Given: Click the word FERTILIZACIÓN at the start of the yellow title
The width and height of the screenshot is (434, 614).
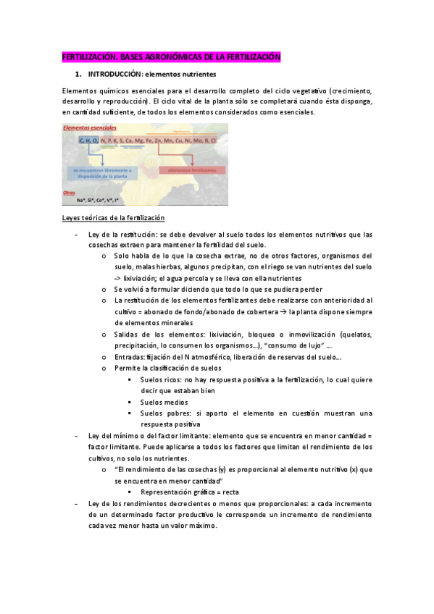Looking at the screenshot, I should (84, 57).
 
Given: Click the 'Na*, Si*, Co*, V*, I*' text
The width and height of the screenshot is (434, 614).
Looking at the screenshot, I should (99, 200).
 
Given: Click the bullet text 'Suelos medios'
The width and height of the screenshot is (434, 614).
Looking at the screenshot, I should (164, 402).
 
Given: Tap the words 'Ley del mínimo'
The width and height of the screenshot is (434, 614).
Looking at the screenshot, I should (112, 436).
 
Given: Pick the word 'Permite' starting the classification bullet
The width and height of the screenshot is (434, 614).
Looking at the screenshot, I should (127, 369).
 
